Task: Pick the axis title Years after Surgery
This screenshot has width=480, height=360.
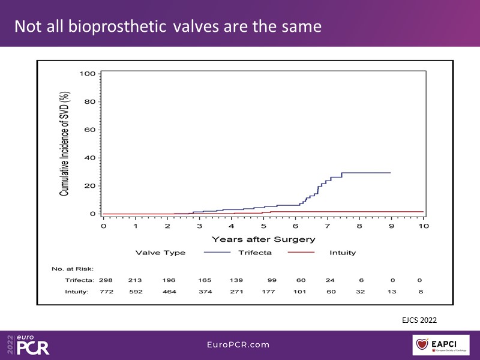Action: click(263, 239)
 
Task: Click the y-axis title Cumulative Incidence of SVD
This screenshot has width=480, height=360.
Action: click(64, 144)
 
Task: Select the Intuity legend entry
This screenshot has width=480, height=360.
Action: click(343, 253)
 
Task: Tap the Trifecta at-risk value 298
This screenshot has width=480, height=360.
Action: click(106, 280)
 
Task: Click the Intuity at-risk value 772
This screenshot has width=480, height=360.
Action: click(106, 292)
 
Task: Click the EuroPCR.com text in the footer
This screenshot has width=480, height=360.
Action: click(239, 344)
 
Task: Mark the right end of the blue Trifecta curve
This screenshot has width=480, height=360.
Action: click(391, 173)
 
